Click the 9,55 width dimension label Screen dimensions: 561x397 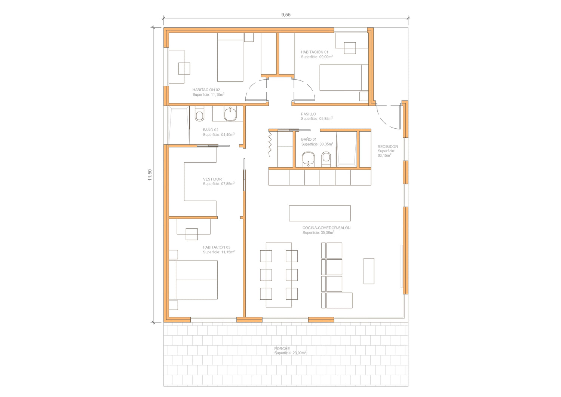pos(286,15)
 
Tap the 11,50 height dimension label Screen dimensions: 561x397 pos(150,175)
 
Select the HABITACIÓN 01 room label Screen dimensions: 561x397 pos(315,52)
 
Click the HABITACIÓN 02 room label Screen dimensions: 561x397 pos(206,90)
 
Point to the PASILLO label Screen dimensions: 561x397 pos(309,114)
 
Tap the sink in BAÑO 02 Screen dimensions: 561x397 pos(230,114)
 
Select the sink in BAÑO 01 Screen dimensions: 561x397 pos(308,159)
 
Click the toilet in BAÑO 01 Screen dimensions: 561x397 pos(326,159)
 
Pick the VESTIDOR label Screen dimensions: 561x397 pos(212,179)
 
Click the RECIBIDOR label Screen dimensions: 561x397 pos(388,147)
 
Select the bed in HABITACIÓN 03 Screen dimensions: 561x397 pos(193,280)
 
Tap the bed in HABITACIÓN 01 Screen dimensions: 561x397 pos(344,78)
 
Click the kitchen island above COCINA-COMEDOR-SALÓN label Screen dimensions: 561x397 pos(320,213)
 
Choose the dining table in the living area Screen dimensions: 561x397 pos(279,275)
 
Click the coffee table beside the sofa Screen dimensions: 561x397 pos(369,271)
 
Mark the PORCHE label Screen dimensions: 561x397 pos(282,349)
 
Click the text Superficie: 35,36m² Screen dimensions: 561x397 pos(318,233)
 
